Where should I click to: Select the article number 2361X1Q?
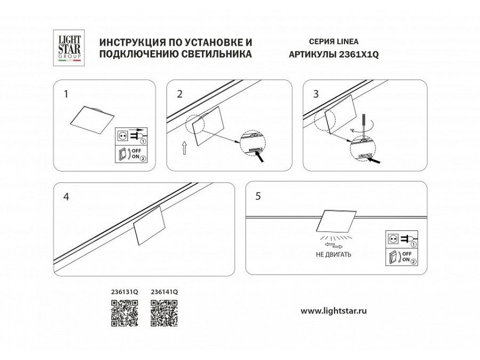pyautogui.click(x=358, y=54)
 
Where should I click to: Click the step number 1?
pyautogui.click(x=66, y=94)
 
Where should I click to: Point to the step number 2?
pyautogui.click(x=180, y=94)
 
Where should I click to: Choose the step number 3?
pyautogui.click(x=316, y=94)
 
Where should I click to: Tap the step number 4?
pyautogui.click(x=66, y=196)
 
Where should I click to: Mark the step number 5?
pyautogui.click(x=258, y=196)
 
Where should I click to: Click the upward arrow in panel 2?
pyautogui.click(x=184, y=148)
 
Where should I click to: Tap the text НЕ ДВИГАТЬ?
pyautogui.click(x=333, y=255)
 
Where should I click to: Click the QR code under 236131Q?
pyautogui.click(x=124, y=313)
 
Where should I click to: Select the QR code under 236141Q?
pyautogui.click(x=164, y=313)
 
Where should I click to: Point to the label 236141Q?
pyautogui.click(x=164, y=292)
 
